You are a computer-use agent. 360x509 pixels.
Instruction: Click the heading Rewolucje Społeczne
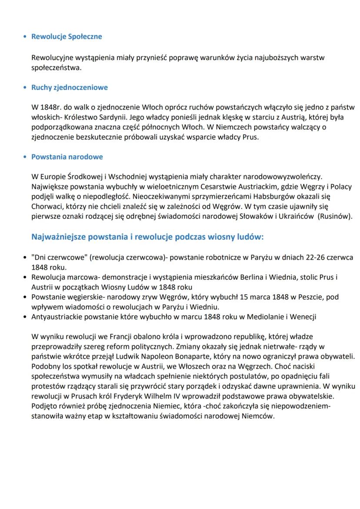(x=67, y=37)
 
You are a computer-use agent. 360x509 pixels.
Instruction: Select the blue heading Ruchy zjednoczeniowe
(x=70, y=87)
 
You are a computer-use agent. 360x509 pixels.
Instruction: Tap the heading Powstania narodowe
(x=67, y=156)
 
